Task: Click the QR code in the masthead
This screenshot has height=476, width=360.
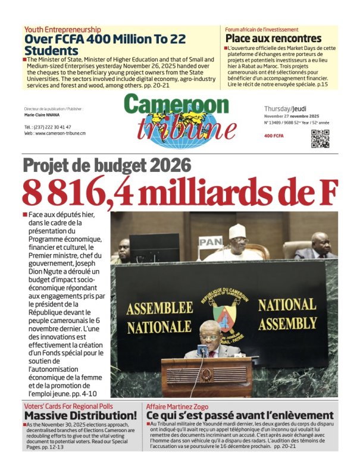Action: [x=320, y=138]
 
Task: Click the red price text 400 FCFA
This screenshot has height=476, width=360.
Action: [x=274, y=136]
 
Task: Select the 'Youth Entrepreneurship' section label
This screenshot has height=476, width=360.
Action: [x=62, y=29]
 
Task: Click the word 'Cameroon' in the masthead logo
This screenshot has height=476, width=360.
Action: [x=176, y=105]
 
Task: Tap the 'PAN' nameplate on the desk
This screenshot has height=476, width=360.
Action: [x=210, y=242]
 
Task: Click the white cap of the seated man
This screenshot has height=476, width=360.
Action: [x=237, y=230]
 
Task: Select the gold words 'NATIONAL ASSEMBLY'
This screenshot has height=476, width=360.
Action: [x=287, y=314]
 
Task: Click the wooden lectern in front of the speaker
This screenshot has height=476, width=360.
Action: [x=206, y=377]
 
